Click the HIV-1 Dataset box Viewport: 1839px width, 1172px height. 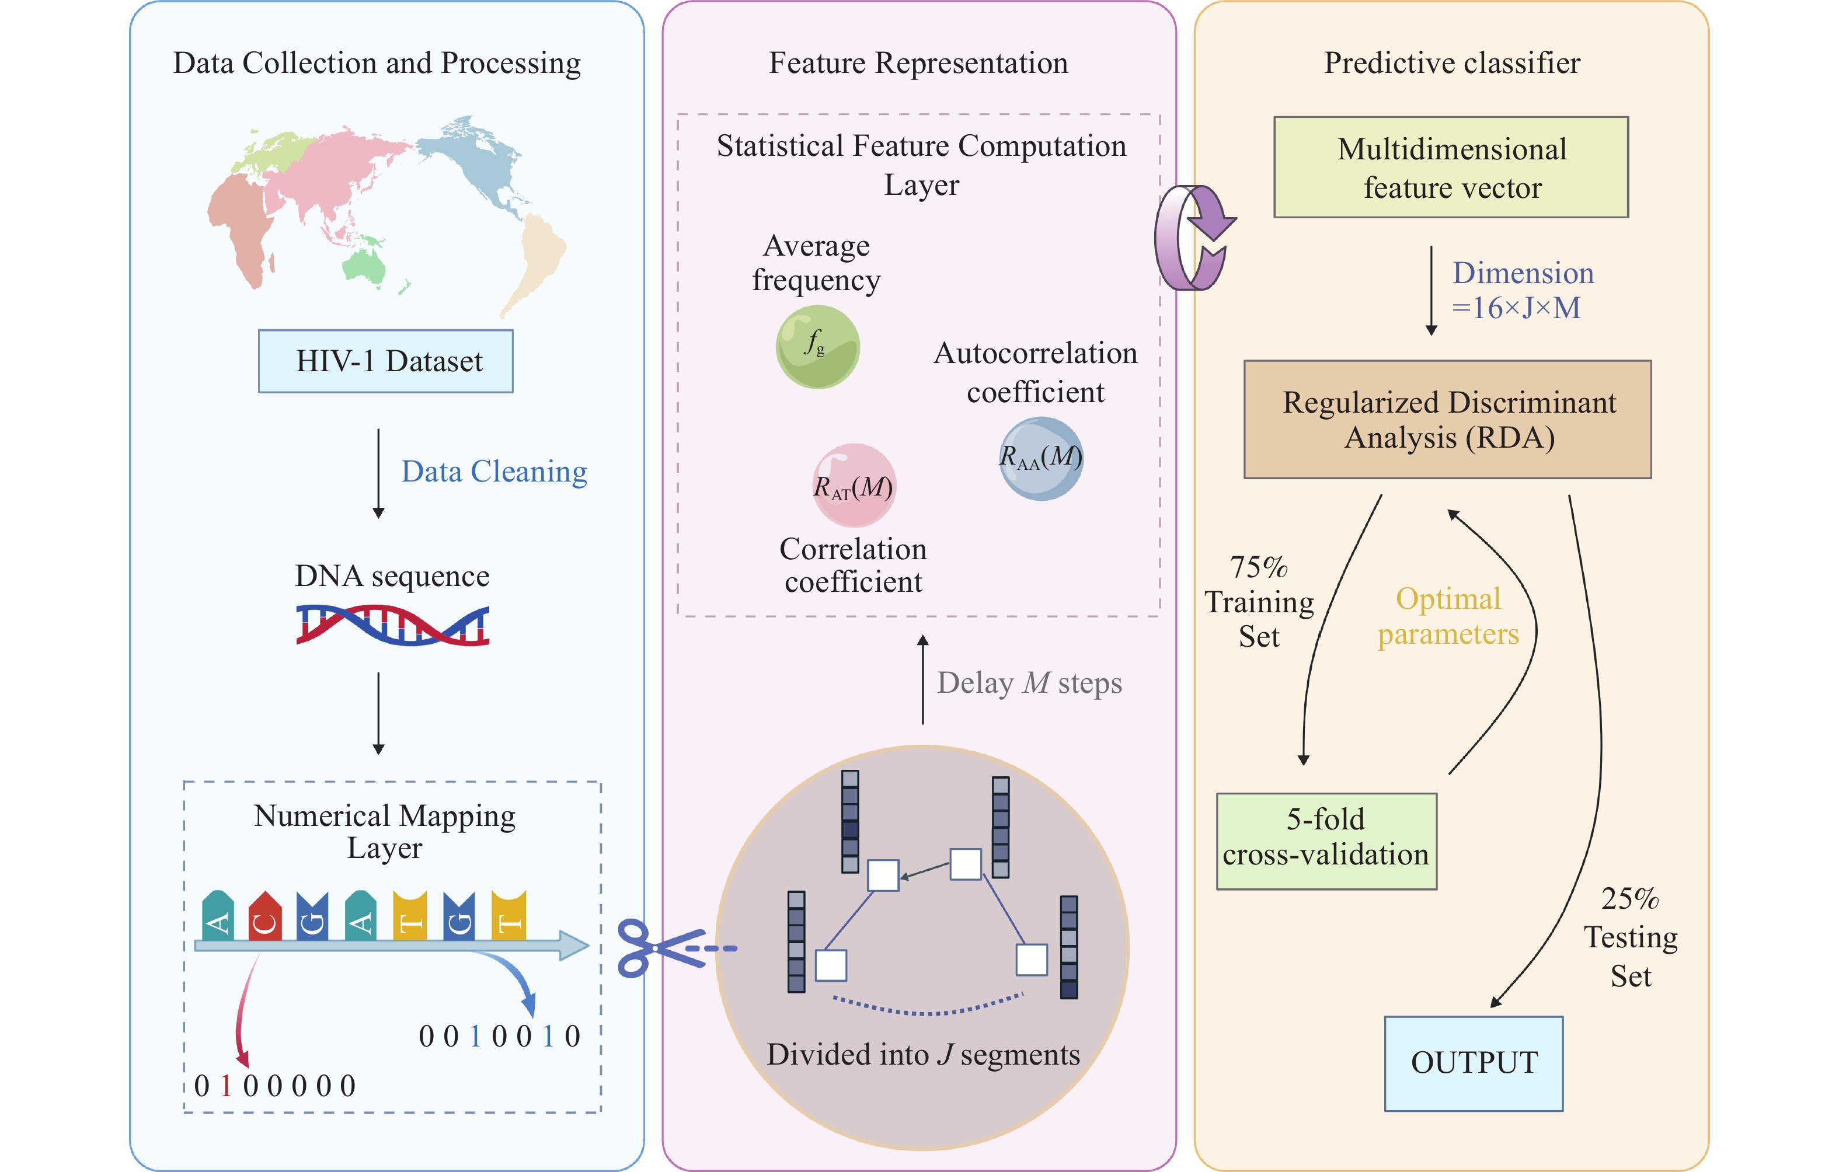pos(386,361)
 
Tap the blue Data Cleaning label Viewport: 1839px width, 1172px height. pos(494,472)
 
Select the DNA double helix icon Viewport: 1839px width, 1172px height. pos(392,625)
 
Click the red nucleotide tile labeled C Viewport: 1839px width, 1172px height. pos(265,916)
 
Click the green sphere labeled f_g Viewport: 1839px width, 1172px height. pos(817,347)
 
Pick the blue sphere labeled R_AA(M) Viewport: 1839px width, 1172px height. pos(1041,458)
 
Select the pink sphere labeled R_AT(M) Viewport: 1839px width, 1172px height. pos(853,486)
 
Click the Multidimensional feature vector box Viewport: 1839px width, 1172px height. pos(1451,167)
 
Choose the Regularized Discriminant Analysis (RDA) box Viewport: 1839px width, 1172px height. pos(1447,419)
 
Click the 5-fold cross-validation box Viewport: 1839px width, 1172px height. pos(1326,840)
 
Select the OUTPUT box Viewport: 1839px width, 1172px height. pos(1473,1063)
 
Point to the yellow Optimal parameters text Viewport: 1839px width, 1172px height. pos(1448,616)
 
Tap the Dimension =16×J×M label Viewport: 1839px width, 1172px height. pos(1522,290)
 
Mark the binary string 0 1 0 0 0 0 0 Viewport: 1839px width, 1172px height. pos(275,1086)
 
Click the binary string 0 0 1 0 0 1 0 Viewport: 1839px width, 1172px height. pos(500,1036)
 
